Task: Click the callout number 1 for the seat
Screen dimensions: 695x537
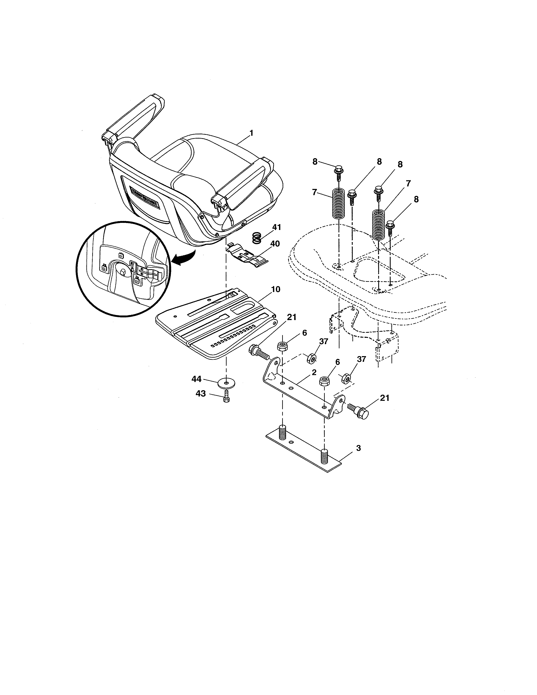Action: (251, 133)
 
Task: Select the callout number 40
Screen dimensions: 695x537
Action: (275, 243)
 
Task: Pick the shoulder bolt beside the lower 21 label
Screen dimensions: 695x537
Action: (359, 410)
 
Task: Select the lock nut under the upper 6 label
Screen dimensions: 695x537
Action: (282, 346)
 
